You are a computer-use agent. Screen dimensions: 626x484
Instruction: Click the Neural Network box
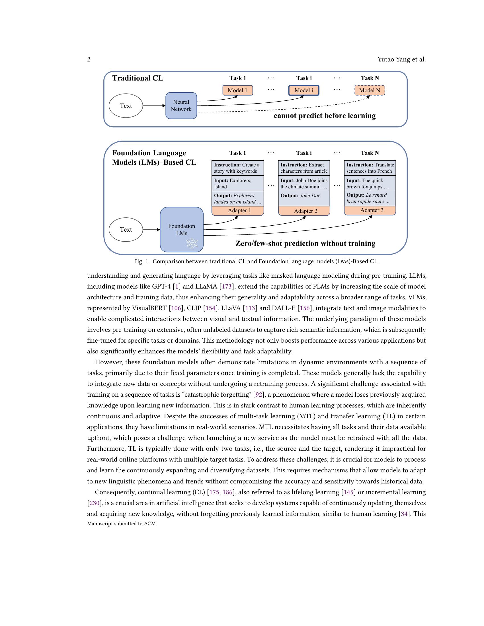point(181,106)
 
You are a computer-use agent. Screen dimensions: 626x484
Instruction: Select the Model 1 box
point(237,90)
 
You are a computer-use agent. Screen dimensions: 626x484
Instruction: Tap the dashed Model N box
point(370,90)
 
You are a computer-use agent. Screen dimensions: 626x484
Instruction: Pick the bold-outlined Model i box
point(304,90)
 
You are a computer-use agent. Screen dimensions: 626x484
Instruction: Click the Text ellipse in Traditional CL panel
point(126,106)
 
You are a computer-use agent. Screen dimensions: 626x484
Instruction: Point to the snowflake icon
point(192,243)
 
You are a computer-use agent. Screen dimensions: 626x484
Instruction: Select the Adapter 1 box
point(238,211)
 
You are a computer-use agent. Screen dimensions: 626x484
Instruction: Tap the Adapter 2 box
point(304,211)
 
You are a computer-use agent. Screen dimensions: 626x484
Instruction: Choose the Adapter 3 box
point(370,210)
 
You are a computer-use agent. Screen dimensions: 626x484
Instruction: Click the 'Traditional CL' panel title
point(138,78)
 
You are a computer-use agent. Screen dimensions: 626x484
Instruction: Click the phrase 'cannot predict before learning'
point(325,116)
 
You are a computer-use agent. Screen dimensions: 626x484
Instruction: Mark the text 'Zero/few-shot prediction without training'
point(305,244)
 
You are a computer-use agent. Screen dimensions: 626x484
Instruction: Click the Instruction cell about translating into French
point(370,168)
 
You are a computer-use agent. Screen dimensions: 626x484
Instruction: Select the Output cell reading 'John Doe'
point(304,198)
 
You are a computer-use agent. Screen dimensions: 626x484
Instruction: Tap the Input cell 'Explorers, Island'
point(237,184)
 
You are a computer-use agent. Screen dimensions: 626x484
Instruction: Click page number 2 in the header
point(89,60)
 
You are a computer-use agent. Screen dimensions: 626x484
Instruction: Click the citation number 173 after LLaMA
point(227,286)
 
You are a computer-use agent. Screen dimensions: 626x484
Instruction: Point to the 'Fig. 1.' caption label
point(142,261)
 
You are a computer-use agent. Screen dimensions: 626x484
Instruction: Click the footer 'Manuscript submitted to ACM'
point(121,524)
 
